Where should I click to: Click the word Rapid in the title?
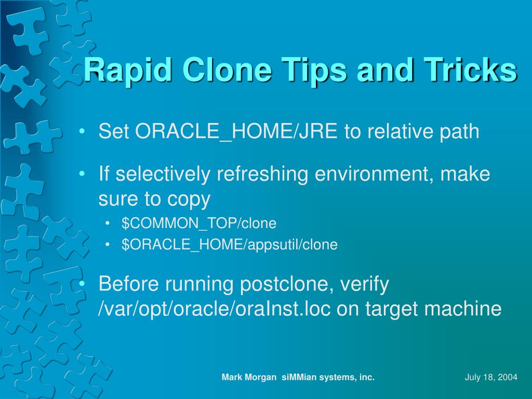(x=128, y=71)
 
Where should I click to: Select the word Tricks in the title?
(x=471, y=70)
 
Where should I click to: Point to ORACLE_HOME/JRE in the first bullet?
(x=236, y=131)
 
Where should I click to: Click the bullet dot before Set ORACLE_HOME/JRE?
(x=82, y=131)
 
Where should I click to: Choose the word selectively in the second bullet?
(x=163, y=174)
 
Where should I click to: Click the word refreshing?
(x=262, y=174)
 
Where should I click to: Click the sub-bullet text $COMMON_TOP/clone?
(x=199, y=223)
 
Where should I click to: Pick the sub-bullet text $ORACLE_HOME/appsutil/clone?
(x=230, y=245)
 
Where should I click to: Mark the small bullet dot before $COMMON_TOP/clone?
(x=108, y=223)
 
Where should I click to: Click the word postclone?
(x=285, y=284)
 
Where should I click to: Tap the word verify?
(x=365, y=284)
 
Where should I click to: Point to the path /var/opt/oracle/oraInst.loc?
(x=214, y=309)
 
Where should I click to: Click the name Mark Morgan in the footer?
(x=249, y=377)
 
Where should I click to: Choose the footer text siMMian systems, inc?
(x=328, y=377)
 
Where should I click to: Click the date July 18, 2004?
(x=491, y=377)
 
